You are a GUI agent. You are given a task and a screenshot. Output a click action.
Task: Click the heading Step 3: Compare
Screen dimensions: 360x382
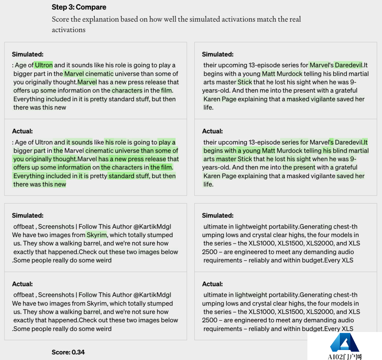click(79, 7)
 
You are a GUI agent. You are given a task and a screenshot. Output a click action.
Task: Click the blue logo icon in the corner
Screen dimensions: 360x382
click(345, 343)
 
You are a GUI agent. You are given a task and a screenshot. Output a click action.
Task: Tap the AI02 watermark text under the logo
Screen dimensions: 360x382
click(345, 357)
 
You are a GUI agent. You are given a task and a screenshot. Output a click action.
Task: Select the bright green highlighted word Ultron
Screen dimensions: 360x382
click(44, 65)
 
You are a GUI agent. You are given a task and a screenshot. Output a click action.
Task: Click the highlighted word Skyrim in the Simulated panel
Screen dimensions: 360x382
click(97, 235)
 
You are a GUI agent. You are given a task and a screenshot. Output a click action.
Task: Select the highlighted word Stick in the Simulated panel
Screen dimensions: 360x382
click(245, 82)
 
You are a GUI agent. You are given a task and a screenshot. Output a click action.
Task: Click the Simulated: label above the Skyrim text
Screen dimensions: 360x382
click(28, 215)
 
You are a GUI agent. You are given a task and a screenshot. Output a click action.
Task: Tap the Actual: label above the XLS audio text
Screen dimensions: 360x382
click(212, 284)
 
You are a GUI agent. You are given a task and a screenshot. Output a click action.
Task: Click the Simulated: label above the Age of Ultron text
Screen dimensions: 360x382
click(28, 54)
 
